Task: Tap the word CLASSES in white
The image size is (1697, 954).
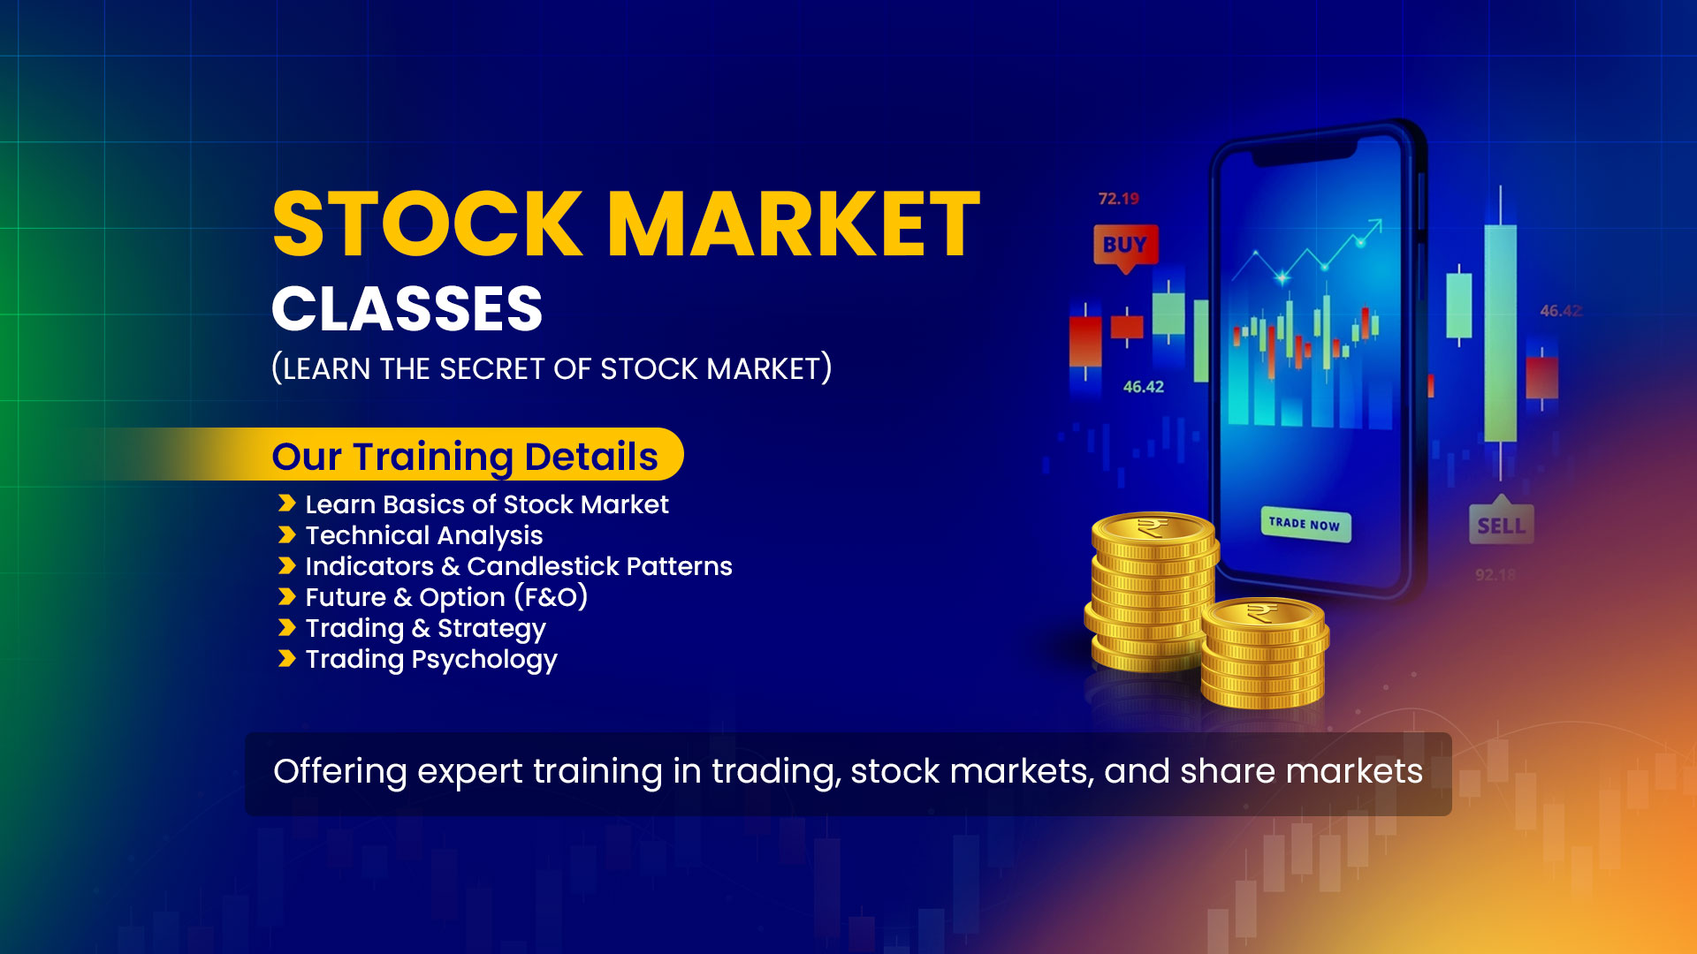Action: click(407, 309)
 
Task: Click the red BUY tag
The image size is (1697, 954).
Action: click(1125, 246)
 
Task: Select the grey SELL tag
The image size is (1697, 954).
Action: click(1501, 525)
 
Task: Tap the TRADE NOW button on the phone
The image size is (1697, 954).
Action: click(1305, 524)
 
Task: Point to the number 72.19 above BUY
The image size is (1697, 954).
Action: click(1118, 199)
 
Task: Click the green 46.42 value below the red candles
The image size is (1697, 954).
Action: click(1143, 387)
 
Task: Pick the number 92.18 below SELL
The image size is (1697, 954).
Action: click(1495, 575)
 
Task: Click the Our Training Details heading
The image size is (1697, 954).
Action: click(465, 457)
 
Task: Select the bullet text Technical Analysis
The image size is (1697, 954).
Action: click(424, 535)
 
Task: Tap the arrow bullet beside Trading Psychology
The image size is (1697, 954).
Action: click(286, 659)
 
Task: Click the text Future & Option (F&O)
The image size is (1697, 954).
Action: click(446, 597)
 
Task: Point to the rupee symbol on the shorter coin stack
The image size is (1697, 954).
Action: click(1262, 612)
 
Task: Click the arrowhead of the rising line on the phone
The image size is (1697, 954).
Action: click(1374, 225)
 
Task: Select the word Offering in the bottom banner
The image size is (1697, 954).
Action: click(340, 771)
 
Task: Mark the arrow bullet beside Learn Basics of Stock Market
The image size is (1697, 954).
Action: click(286, 503)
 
